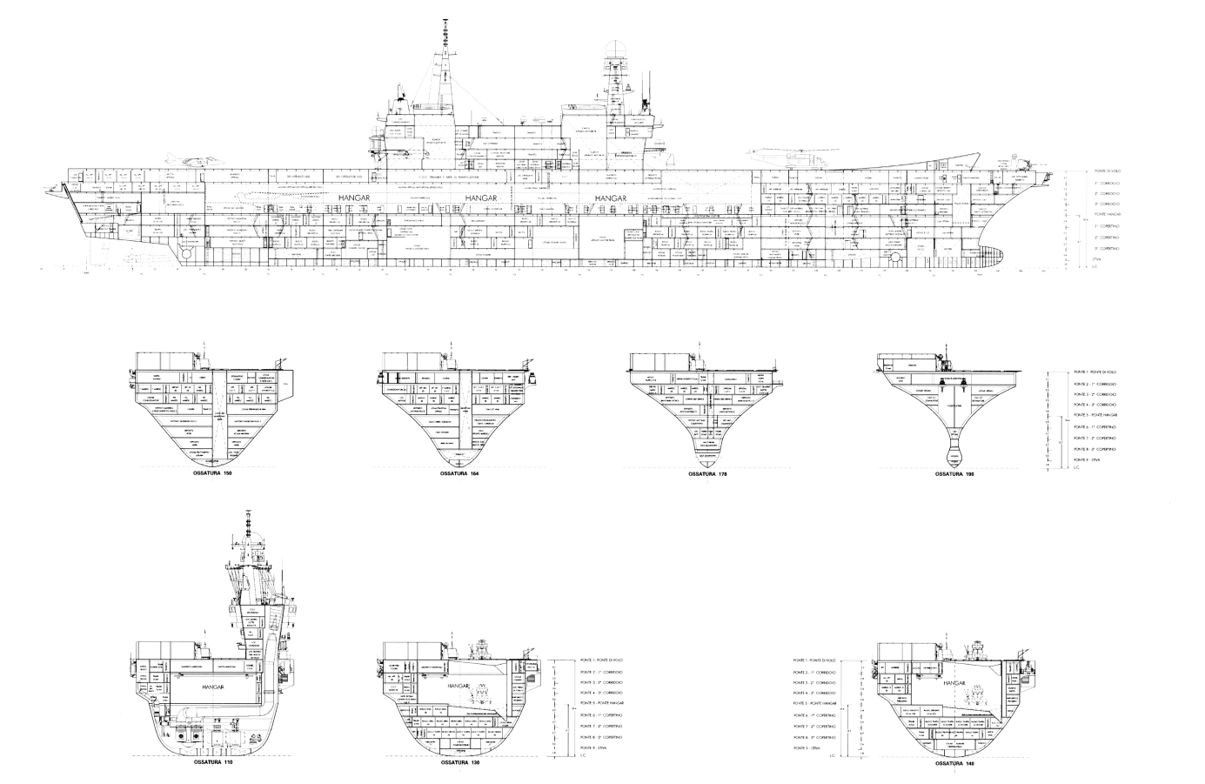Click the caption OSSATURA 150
pos(213,475)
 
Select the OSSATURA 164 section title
pos(461,475)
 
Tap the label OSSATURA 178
pos(706,475)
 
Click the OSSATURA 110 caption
pos(214,762)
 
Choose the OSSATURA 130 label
pos(460,762)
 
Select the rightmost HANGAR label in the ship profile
pos(611,199)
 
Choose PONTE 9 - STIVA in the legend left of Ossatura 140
pos(809,747)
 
